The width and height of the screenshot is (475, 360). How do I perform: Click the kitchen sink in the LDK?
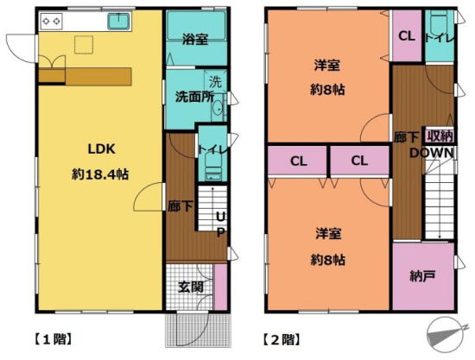(119, 22)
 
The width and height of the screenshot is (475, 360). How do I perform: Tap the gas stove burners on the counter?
(51, 22)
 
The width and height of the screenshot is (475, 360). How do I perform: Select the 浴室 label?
(195, 39)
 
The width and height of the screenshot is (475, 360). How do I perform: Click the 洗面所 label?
(195, 97)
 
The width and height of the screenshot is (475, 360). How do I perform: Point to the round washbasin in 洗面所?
(218, 108)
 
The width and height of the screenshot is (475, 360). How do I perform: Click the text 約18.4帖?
(100, 174)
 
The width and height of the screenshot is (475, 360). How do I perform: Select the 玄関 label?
(191, 287)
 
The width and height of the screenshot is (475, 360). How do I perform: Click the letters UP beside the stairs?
(221, 224)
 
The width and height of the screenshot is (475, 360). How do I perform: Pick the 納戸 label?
(423, 276)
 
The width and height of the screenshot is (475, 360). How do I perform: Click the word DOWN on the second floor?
(432, 153)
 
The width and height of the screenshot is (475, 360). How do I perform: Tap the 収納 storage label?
(440, 136)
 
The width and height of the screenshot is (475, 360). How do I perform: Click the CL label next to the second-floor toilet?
(407, 36)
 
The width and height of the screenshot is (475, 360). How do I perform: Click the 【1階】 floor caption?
(53, 339)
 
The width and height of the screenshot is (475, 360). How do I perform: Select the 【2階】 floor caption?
(282, 339)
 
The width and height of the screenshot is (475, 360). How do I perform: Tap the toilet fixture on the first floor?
(213, 166)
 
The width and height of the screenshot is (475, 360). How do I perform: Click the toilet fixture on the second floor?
(439, 25)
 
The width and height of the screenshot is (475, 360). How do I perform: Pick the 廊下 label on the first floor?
(180, 206)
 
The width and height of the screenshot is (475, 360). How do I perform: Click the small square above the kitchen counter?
(84, 45)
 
